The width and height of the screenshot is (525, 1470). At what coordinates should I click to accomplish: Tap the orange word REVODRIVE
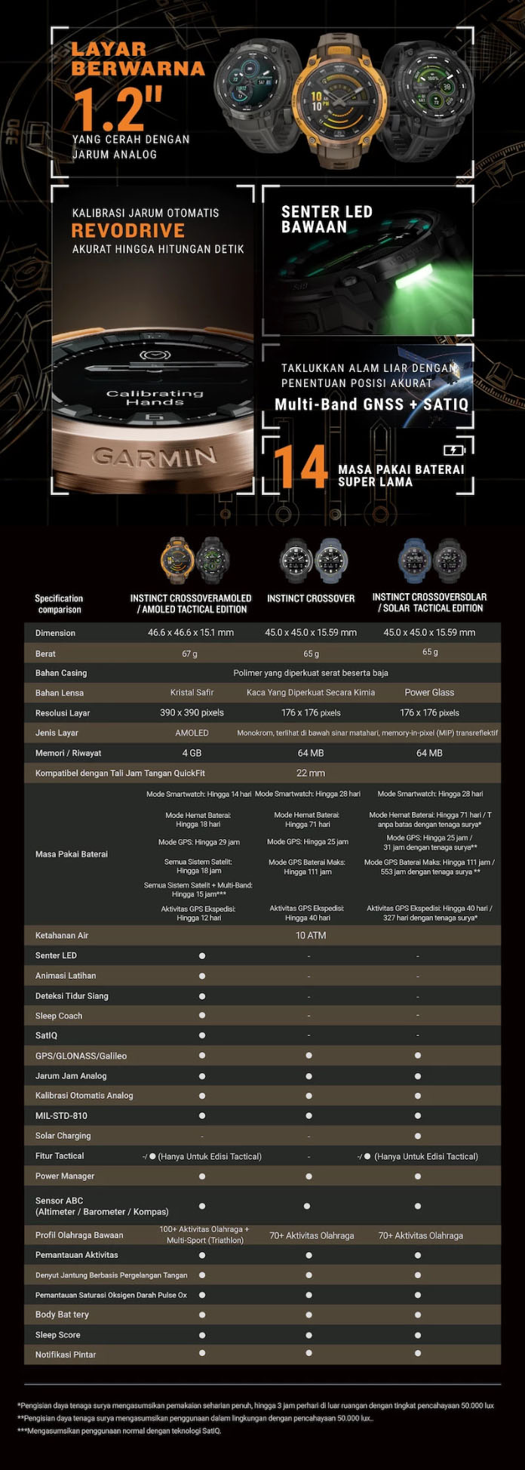click(x=127, y=231)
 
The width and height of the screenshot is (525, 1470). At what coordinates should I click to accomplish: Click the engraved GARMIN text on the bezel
click(x=154, y=456)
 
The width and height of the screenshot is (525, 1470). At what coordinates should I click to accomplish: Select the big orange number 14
click(x=301, y=468)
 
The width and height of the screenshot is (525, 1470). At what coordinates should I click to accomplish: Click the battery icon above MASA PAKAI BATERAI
click(x=453, y=450)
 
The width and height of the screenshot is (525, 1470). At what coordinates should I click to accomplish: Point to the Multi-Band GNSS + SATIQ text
click(x=371, y=404)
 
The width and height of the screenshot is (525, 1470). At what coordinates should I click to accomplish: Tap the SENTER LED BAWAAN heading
click(x=327, y=220)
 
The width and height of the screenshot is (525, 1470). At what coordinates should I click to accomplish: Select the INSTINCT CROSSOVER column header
click(x=310, y=598)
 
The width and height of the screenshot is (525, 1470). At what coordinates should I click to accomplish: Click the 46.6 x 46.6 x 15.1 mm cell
click(x=190, y=632)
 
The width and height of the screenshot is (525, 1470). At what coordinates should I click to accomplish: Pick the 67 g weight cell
click(x=189, y=654)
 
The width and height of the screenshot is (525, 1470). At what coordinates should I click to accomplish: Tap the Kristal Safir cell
click(x=192, y=692)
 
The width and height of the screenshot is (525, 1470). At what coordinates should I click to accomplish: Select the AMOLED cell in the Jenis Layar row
click(x=192, y=733)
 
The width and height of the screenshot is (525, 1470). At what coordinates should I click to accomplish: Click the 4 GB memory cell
click(x=192, y=753)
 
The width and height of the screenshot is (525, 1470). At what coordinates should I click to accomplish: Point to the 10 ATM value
click(x=310, y=935)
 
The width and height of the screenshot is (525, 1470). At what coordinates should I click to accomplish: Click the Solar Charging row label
click(x=63, y=1136)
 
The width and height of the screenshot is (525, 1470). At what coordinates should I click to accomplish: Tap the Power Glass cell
click(x=429, y=692)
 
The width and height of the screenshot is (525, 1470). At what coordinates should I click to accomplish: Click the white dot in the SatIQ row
click(x=202, y=1035)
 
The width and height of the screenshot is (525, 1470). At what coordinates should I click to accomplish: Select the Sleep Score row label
click(x=57, y=1335)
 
